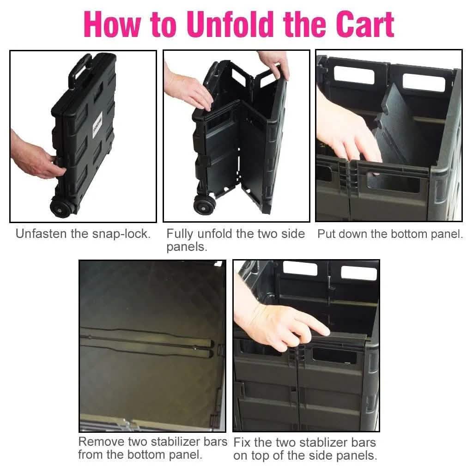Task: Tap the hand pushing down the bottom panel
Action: tap(347, 139)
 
